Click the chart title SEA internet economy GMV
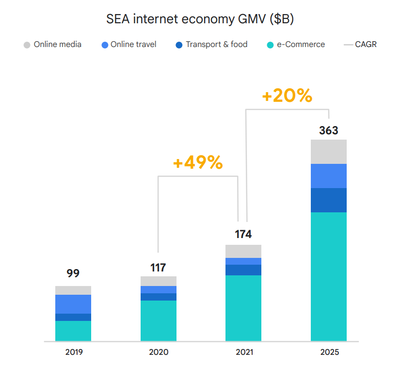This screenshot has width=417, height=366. [200, 20]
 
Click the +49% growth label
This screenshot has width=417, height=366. [198, 163]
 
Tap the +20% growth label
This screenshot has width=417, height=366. [287, 96]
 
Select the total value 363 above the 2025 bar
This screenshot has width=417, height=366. [328, 130]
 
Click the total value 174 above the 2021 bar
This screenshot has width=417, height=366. [243, 235]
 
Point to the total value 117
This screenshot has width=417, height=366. [158, 267]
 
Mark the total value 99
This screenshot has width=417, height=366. [73, 273]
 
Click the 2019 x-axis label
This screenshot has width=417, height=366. [73, 352]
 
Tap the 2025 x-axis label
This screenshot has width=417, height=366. [329, 352]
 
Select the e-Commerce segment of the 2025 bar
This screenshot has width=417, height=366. [329, 276]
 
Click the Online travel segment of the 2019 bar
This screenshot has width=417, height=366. [73, 304]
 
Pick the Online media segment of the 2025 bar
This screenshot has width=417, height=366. [329, 152]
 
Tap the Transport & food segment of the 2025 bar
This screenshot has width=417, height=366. [329, 200]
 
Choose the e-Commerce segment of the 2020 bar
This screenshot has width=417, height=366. [159, 320]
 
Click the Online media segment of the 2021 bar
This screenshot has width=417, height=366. [243, 251]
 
